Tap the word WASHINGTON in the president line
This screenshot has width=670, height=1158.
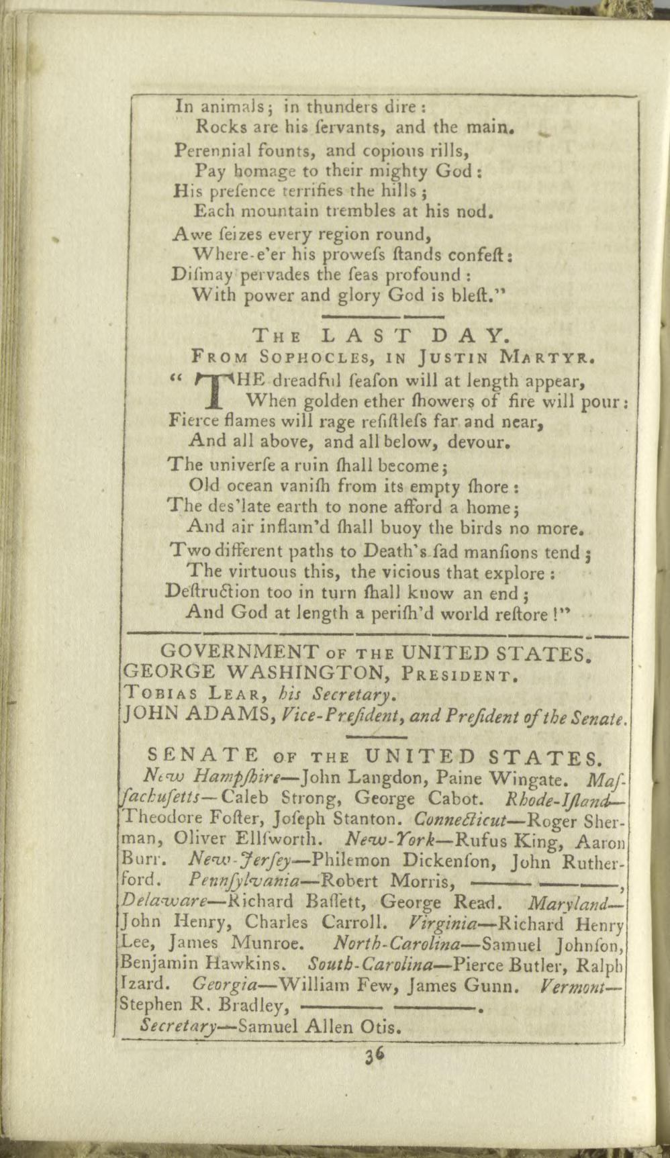click(x=309, y=672)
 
